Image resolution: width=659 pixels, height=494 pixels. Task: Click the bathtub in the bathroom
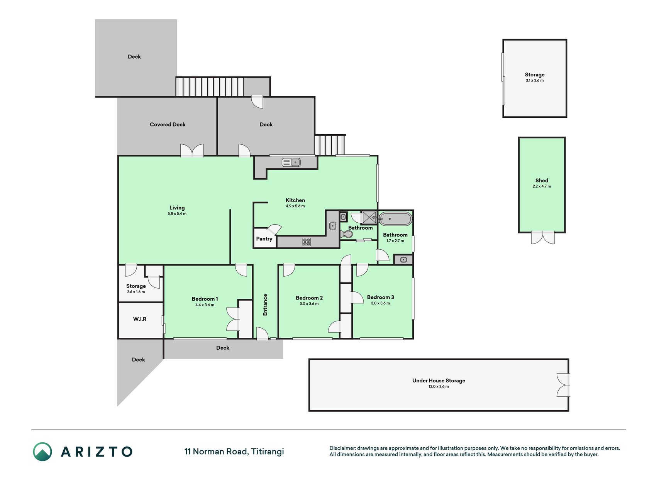coord(396,219)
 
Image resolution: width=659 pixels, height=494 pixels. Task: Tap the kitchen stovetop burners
coord(307,242)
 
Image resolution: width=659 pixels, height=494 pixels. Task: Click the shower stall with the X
coord(369,218)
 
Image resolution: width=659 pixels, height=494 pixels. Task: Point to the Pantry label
coord(264,239)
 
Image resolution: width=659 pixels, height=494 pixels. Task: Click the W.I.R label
coord(140,319)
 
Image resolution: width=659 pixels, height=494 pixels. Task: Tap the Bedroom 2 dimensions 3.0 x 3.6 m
coord(309,304)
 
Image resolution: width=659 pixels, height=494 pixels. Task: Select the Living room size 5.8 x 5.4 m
coord(177,213)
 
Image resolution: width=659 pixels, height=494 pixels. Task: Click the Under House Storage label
coord(439,381)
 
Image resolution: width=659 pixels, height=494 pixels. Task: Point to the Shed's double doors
coord(542,237)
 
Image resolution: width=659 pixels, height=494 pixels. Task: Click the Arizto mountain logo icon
coord(42,452)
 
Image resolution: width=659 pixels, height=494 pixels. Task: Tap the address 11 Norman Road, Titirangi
coord(234,452)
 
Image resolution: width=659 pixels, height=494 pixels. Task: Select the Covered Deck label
coord(168,124)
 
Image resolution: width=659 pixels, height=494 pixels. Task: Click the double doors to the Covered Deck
coord(192,151)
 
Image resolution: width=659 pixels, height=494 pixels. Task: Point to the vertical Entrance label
coord(265,305)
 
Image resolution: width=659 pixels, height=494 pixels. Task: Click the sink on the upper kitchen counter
coord(291,162)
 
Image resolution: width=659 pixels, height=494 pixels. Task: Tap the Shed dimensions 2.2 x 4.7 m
coord(542,186)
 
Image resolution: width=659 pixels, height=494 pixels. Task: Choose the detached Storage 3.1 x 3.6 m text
coord(535,77)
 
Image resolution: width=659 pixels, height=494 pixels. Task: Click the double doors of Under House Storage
coord(563,385)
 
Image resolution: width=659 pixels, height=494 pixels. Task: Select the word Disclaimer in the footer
coord(342,448)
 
